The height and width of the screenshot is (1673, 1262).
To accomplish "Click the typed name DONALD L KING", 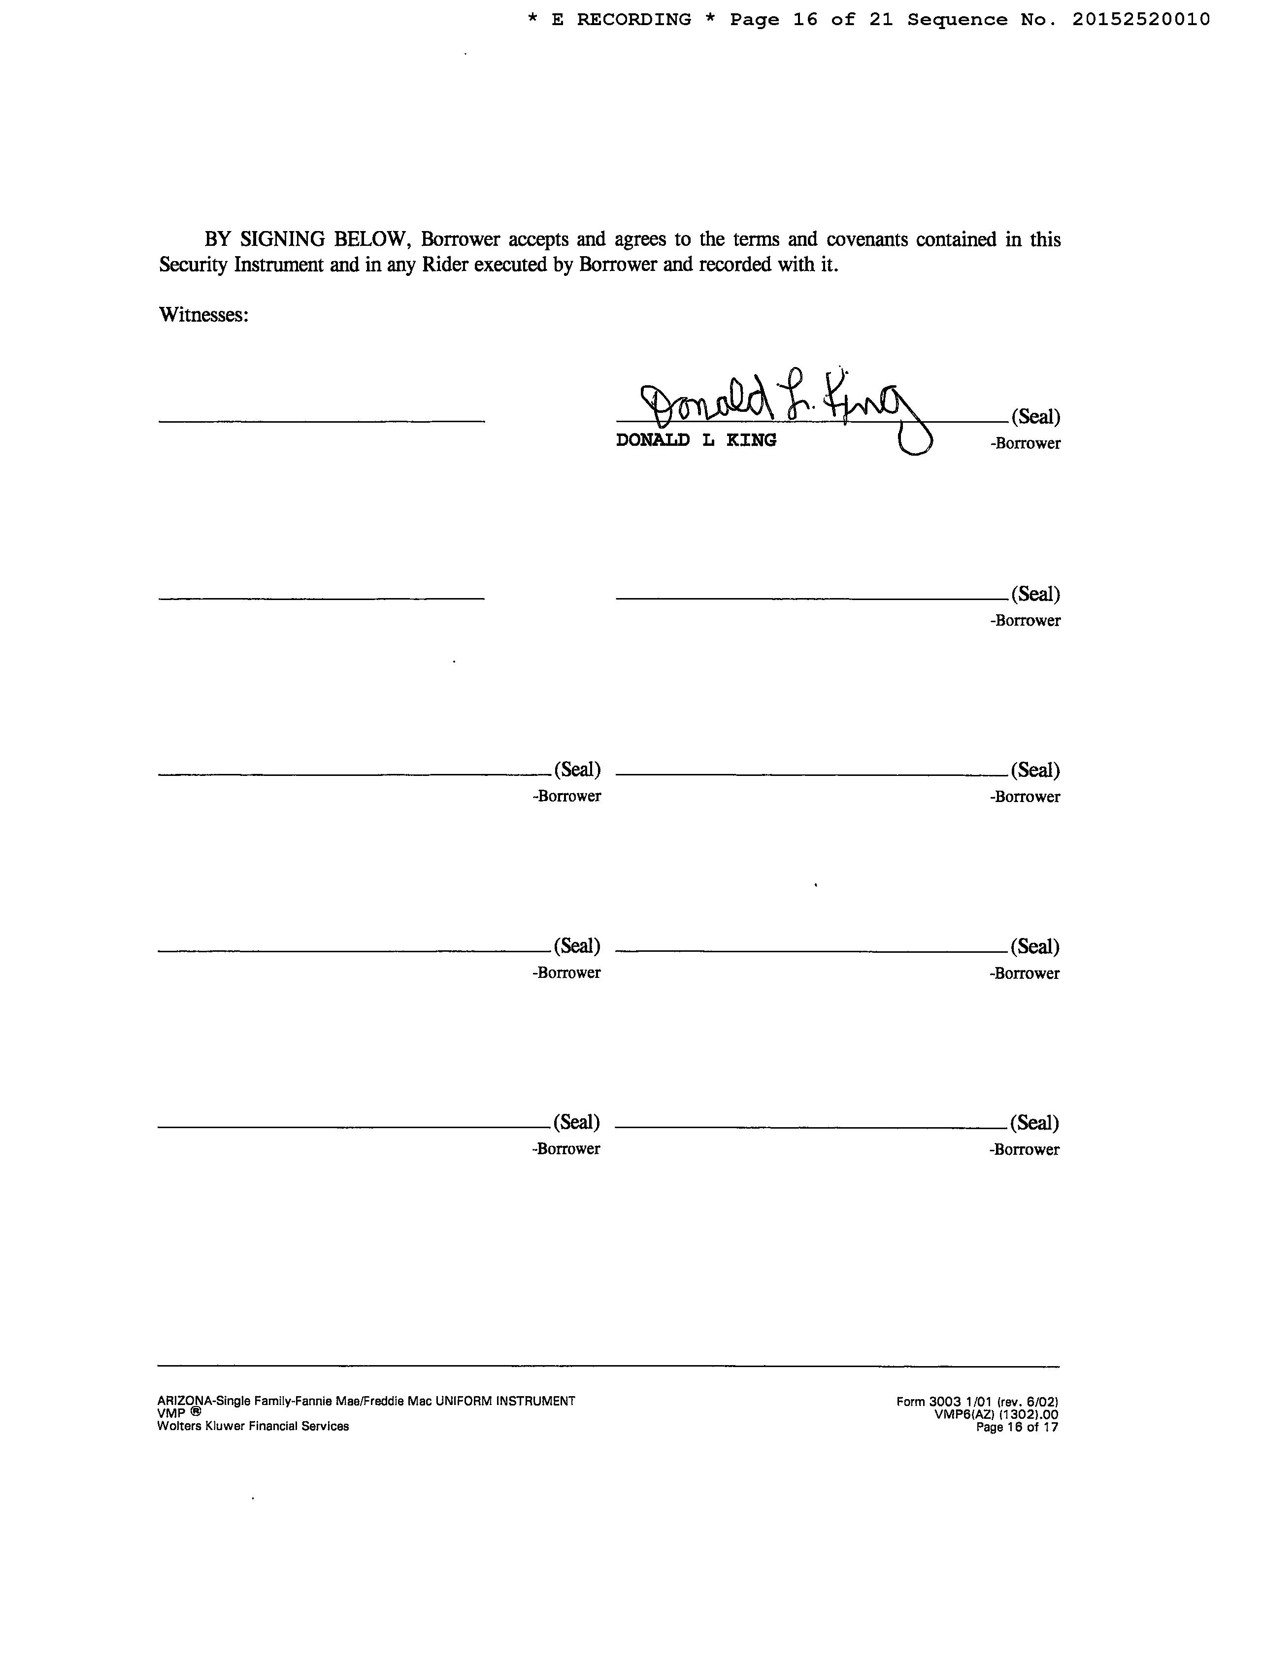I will click(x=696, y=440).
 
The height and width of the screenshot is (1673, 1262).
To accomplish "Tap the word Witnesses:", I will click(x=203, y=315).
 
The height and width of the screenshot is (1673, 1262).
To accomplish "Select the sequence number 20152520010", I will click(x=1140, y=20).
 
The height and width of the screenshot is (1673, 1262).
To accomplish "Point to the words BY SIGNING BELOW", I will click(x=307, y=240).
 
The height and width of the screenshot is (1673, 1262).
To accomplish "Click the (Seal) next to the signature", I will click(x=1035, y=417).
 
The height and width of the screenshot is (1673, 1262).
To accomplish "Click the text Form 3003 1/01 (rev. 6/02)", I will click(x=977, y=1402).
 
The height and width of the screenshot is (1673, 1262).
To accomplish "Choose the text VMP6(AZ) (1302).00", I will click(x=996, y=1414).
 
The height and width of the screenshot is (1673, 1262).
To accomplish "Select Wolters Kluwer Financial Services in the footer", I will click(x=253, y=1427).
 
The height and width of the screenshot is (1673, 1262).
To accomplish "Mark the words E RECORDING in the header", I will click(x=621, y=20).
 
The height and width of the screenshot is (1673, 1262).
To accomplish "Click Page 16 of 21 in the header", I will click(x=811, y=20).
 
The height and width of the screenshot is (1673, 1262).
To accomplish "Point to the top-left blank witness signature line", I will click(x=321, y=421).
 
